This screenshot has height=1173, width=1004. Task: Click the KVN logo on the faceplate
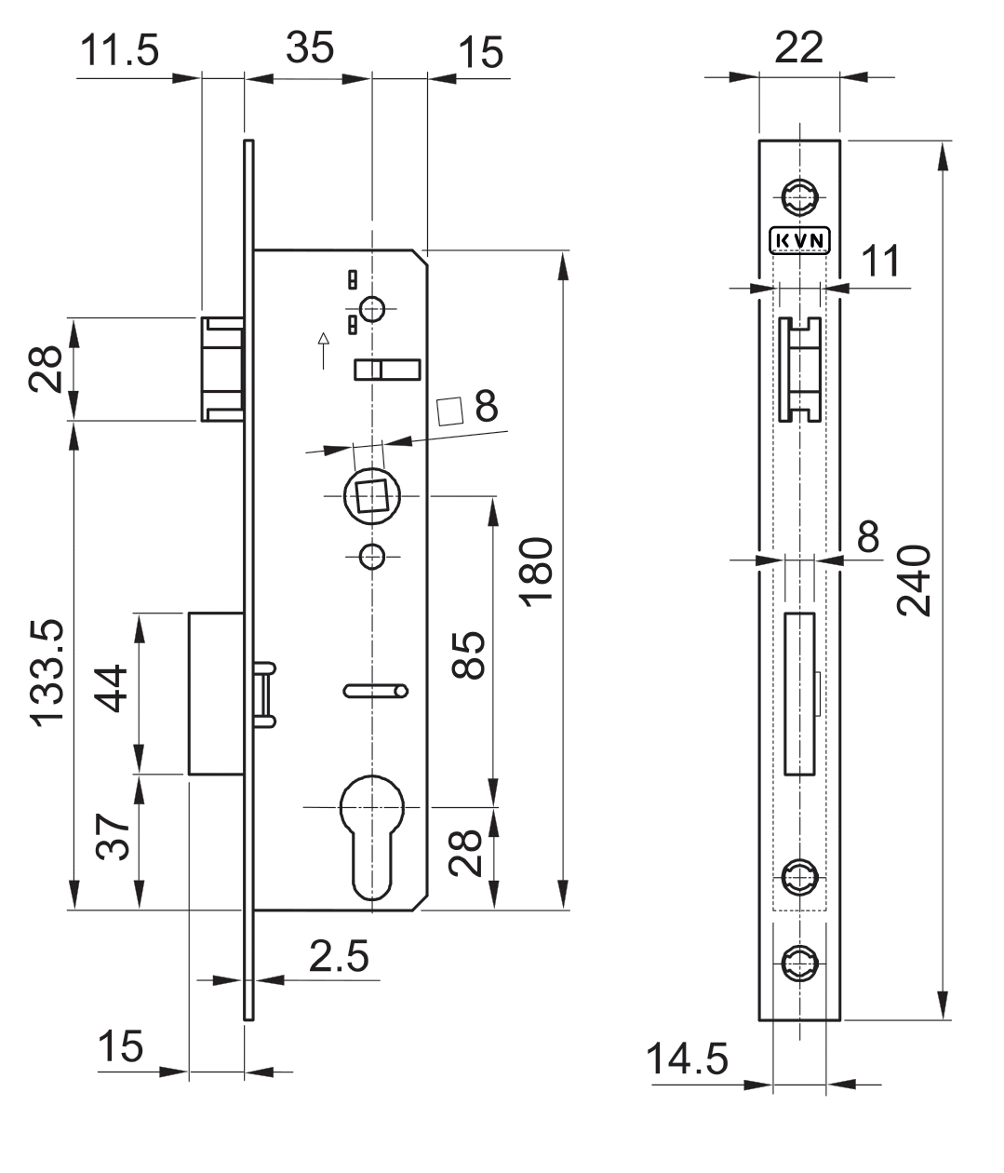(x=799, y=240)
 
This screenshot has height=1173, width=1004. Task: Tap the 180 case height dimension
(x=539, y=573)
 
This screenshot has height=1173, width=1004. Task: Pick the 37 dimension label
(x=114, y=837)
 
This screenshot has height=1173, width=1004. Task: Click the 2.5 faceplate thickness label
(x=339, y=956)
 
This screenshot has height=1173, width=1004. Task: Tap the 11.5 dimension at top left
(x=118, y=50)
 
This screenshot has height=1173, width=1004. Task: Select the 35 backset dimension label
(x=309, y=47)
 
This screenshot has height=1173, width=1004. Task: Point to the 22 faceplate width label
(x=799, y=47)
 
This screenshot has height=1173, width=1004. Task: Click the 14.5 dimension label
(x=688, y=1059)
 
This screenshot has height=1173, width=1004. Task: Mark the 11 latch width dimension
(x=879, y=262)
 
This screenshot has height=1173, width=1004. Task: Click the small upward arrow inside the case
(x=323, y=348)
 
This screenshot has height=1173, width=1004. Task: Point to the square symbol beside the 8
(x=451, y=411)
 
